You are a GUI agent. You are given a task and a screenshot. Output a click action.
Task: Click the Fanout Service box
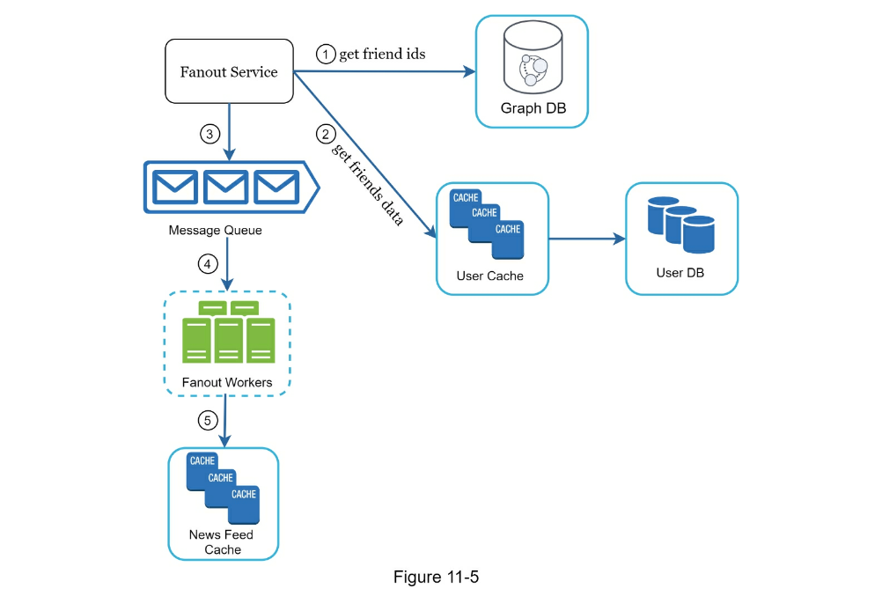pyautogui.click(x=229, y=71)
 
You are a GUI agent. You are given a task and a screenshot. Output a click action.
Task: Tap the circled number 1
pyautogui.click(x=327, y=55)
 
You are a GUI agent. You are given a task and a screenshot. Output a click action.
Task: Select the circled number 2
pyautogui.click(x=326, y=135)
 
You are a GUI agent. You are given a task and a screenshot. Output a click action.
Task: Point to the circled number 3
pyautogui.click(x=209, y=135)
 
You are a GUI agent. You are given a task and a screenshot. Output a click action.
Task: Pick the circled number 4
pyautogui.click(x=208, y=263)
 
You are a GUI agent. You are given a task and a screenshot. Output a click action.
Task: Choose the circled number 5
pyautogui.click(x=208, y=420)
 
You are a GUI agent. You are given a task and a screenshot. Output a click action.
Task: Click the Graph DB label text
pyautogui.click(x=533, y=108)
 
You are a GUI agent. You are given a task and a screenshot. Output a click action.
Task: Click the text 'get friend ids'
pyautogui.click(x=382, y=55)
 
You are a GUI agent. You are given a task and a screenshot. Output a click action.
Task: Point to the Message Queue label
pyautogui.click(x=216, y=231)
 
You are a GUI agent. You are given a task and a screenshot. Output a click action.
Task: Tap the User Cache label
pyautogui.click(x=489, y=276)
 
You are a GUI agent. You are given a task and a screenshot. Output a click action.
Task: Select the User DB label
pyautogui.click(x=680, y=273)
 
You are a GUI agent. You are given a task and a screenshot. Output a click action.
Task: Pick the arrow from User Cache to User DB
pyautogui.click(x=587, y=238)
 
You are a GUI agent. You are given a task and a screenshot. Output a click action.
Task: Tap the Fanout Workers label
pyautogui.click(x=226, y=383)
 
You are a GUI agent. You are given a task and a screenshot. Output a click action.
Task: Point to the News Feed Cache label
pyautogui.click(x=223, y=542)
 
